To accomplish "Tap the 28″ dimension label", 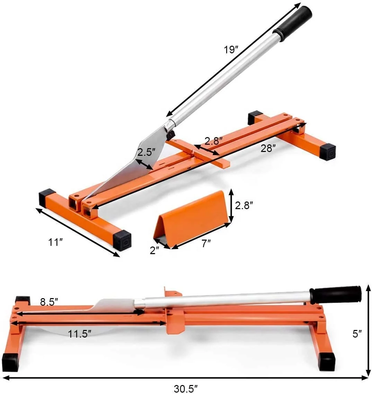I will (x=268, y=149).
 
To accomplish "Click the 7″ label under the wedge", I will (x=206, y=243).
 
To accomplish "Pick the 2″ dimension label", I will (x=154, y=250).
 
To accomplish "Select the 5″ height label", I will (x=357, y=333).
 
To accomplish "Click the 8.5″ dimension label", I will (x=49, y=302).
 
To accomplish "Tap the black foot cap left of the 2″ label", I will (x=122, y=240).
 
